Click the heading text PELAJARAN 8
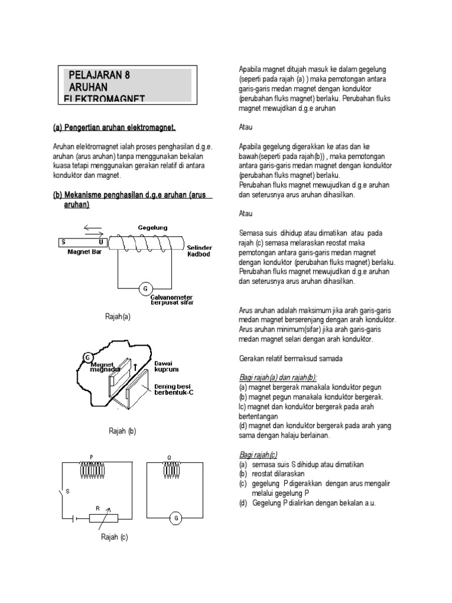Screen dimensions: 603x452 (98, 75)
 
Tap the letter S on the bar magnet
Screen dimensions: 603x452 (64, 242)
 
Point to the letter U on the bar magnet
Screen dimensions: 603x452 (101, 242)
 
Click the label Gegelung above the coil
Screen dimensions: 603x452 (152, 227)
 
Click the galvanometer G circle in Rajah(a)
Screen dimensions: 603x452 (143, 289)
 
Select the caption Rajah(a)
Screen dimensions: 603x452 (117, 317)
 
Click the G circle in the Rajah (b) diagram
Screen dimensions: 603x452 (87, 357)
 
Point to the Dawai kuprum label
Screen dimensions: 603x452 (168, 367)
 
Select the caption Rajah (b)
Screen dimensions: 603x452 (122, 431)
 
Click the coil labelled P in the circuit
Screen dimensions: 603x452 (91, 469)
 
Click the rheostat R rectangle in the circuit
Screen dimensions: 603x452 (103, 518)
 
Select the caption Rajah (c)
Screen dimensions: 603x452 (115, 538)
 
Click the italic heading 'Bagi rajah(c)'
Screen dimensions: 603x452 (258, 455)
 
